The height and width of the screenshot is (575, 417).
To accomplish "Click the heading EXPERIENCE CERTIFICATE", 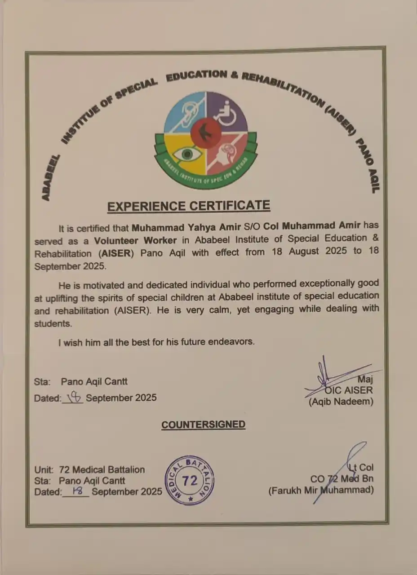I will (x=189, y=206).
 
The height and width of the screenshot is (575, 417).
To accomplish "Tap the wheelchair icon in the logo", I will (x=227, y=112).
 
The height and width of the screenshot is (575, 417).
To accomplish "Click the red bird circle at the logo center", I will (x=206, y=133).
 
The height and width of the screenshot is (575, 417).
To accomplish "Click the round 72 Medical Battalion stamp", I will (x=190, y=481).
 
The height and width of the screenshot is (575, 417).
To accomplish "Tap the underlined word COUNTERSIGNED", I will (x=204, y=425).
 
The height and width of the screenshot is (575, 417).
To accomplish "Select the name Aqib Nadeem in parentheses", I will (x=341, y=402).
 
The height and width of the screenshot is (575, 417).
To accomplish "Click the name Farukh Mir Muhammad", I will (x=321, y=490).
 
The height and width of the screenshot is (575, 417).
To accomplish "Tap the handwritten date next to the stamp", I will (x=77, y=491).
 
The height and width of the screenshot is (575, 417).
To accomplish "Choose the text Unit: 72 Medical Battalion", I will (x=89, y=469).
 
